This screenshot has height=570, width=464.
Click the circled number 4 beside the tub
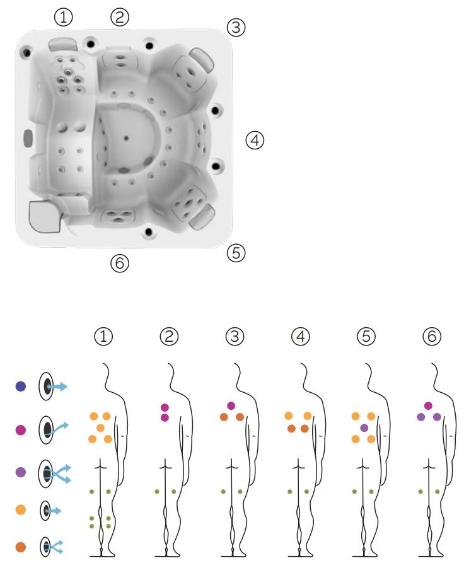(x=255, y=140)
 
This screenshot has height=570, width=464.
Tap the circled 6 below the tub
(x=120, y=263)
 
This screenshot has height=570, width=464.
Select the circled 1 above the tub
(x=63, y=17)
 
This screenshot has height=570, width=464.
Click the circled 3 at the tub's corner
(x=236, y=27)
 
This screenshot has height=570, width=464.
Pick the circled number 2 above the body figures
(x=169, y=337)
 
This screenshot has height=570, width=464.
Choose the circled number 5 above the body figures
(x=366, y=337)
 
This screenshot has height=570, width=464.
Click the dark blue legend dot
(x=21, y=386)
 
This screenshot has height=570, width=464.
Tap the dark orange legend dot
(x=21, y=547)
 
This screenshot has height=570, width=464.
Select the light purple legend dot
(x=21, y=472)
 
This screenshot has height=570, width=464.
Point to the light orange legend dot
(x=21, y=509)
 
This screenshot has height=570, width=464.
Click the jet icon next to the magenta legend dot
(x=50, y=429)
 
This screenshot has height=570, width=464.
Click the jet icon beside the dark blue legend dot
(x=51, y=386)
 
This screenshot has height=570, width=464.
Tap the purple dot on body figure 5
(x=364, y=428)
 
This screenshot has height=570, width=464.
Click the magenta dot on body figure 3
(x=231, y=405)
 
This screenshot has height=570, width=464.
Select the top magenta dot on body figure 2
(x=165, y=408)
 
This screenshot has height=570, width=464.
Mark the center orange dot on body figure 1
(x=100, y=428)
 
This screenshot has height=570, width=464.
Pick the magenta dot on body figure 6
(x=428, y=405)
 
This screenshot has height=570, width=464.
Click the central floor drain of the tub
(x=126, y=138)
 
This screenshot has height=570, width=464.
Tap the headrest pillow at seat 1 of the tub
(x=63, y=44)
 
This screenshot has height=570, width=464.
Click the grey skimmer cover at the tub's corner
(x=44, y=216)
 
